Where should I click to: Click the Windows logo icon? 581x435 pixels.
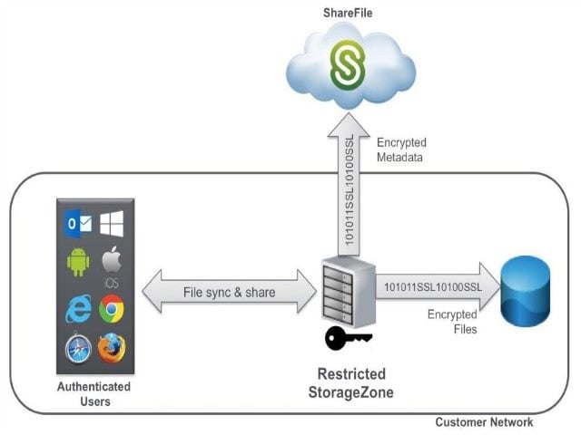112,222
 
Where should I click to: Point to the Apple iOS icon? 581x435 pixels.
112,266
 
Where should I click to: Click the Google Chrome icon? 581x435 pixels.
112,308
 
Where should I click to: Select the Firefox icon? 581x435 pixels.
112,348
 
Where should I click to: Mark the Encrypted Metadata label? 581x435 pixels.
400,150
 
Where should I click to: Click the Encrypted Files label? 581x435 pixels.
452,322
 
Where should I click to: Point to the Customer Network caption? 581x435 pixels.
484,422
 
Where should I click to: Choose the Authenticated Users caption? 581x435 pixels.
94,393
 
